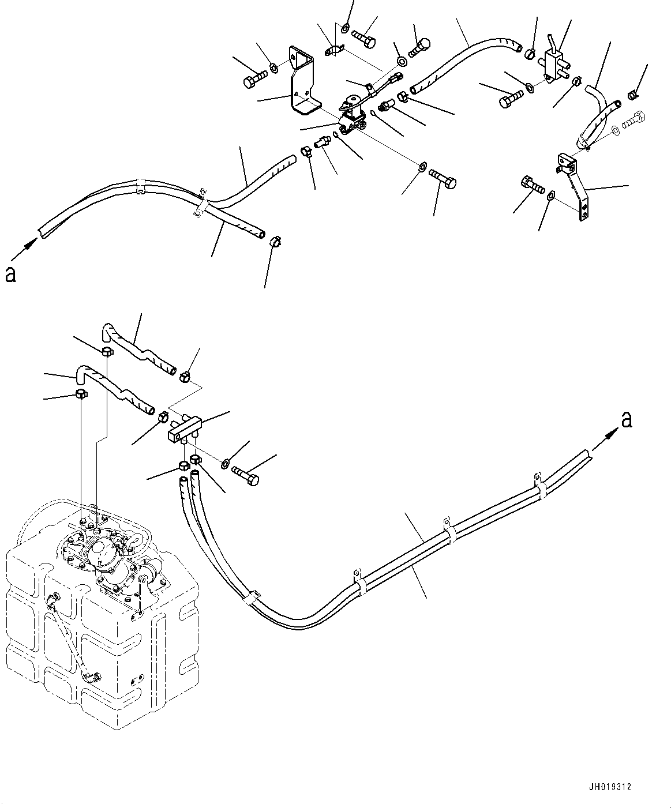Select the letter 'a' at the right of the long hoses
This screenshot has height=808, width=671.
pyautogui.click(x=627, y=420)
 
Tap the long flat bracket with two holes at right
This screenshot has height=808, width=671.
pyautogui.click(x=576, y=186)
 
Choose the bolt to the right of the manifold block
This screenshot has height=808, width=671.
pyautogui.click(x=245, y=476)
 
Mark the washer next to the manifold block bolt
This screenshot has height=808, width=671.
pyautogui.click(x=224, y=463)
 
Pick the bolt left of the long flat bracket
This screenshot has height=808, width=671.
pyautogui.click(x=533, y=185)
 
